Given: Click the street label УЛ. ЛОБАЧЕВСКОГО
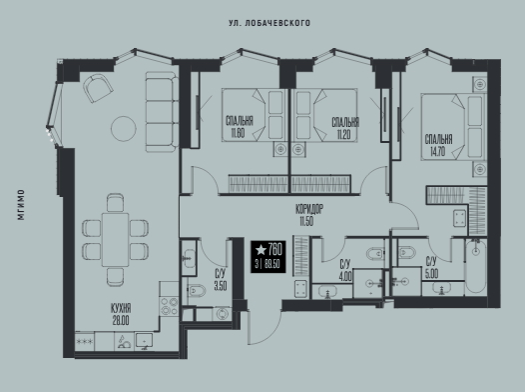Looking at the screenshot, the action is pos(269,23).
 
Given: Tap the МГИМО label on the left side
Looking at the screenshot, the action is pos(21,205).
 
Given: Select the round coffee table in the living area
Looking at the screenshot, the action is pos(124,128).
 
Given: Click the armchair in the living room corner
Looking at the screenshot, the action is pos(98,88).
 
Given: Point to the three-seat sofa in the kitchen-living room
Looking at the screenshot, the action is pos(162,112).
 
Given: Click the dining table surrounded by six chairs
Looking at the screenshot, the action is pos(116,239).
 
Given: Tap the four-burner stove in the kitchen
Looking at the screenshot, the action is pos(169,306).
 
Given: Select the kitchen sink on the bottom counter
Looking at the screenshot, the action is pos(144,341).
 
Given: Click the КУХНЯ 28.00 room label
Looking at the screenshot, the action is pos(121,314).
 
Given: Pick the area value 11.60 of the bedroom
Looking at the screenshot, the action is pos(238,133).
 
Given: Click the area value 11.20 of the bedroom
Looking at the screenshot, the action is pos(344,135).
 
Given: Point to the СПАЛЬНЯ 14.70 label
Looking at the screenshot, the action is pos(438,145).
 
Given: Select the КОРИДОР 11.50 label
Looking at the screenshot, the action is pos(309,215).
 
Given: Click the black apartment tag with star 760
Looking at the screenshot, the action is pos(268,257).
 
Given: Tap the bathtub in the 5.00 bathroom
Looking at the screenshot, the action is pos(475,267).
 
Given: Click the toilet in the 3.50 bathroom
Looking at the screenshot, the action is pos(197,291).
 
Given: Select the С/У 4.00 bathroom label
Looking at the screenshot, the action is pos(346,270).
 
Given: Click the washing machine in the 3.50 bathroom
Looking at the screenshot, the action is pos(222,314).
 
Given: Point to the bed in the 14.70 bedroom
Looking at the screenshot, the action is pos(453,127).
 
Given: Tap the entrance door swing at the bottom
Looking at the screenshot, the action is pos(264,327).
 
